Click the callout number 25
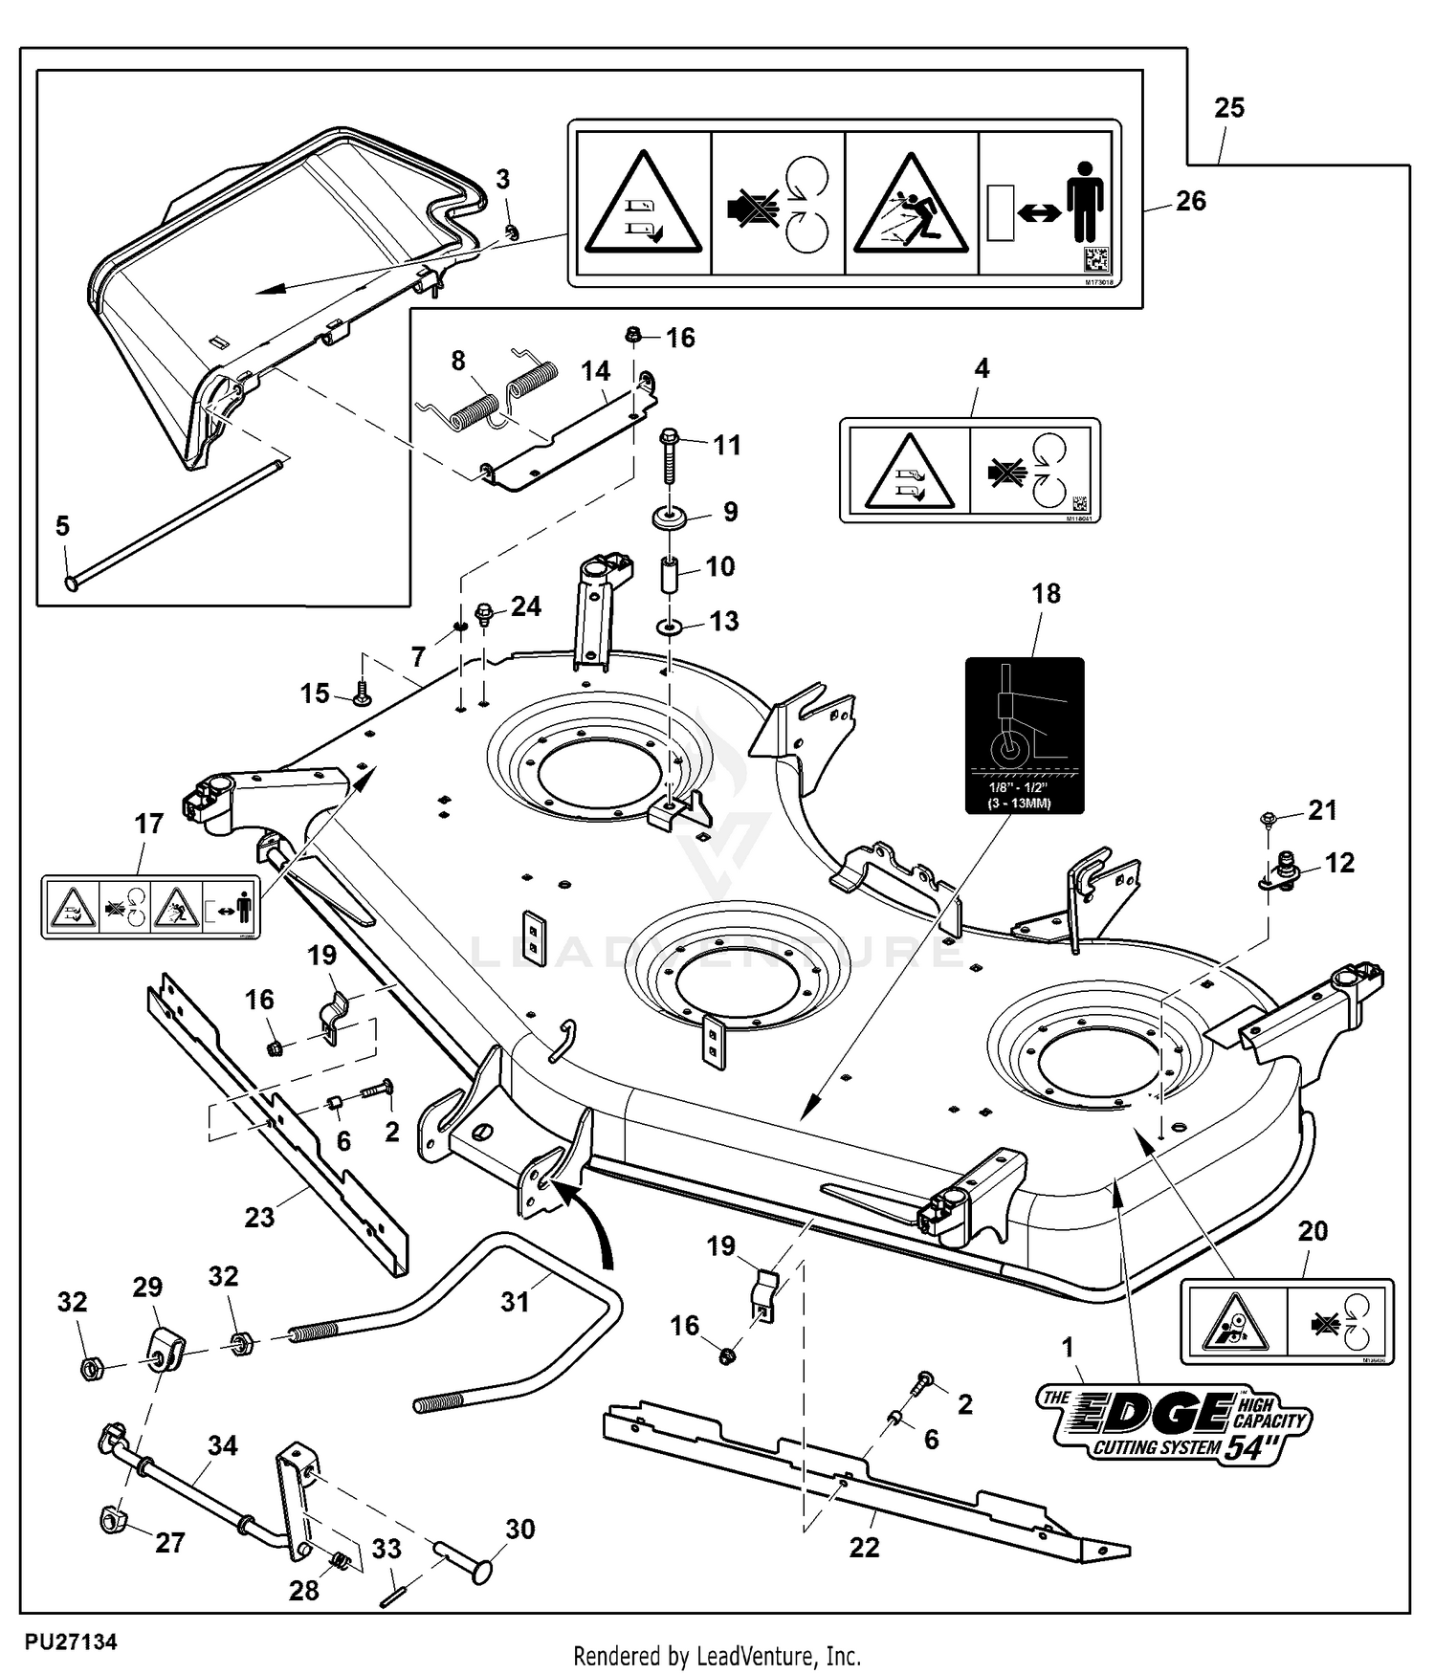point(1229,108)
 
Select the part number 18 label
point(1046,594)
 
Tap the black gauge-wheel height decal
point(1025,735)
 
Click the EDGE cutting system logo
point(1174,1425)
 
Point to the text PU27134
point(72,1642)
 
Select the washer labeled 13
point(669,628)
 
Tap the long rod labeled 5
point(172,522)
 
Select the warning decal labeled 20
point(1287,1321)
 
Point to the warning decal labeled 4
point(969,471)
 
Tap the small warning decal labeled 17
point(150,906)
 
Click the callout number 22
point(864,1547)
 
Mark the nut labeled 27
point(115,1518)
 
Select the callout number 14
point(595,371)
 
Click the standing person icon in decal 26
point(1086,201)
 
